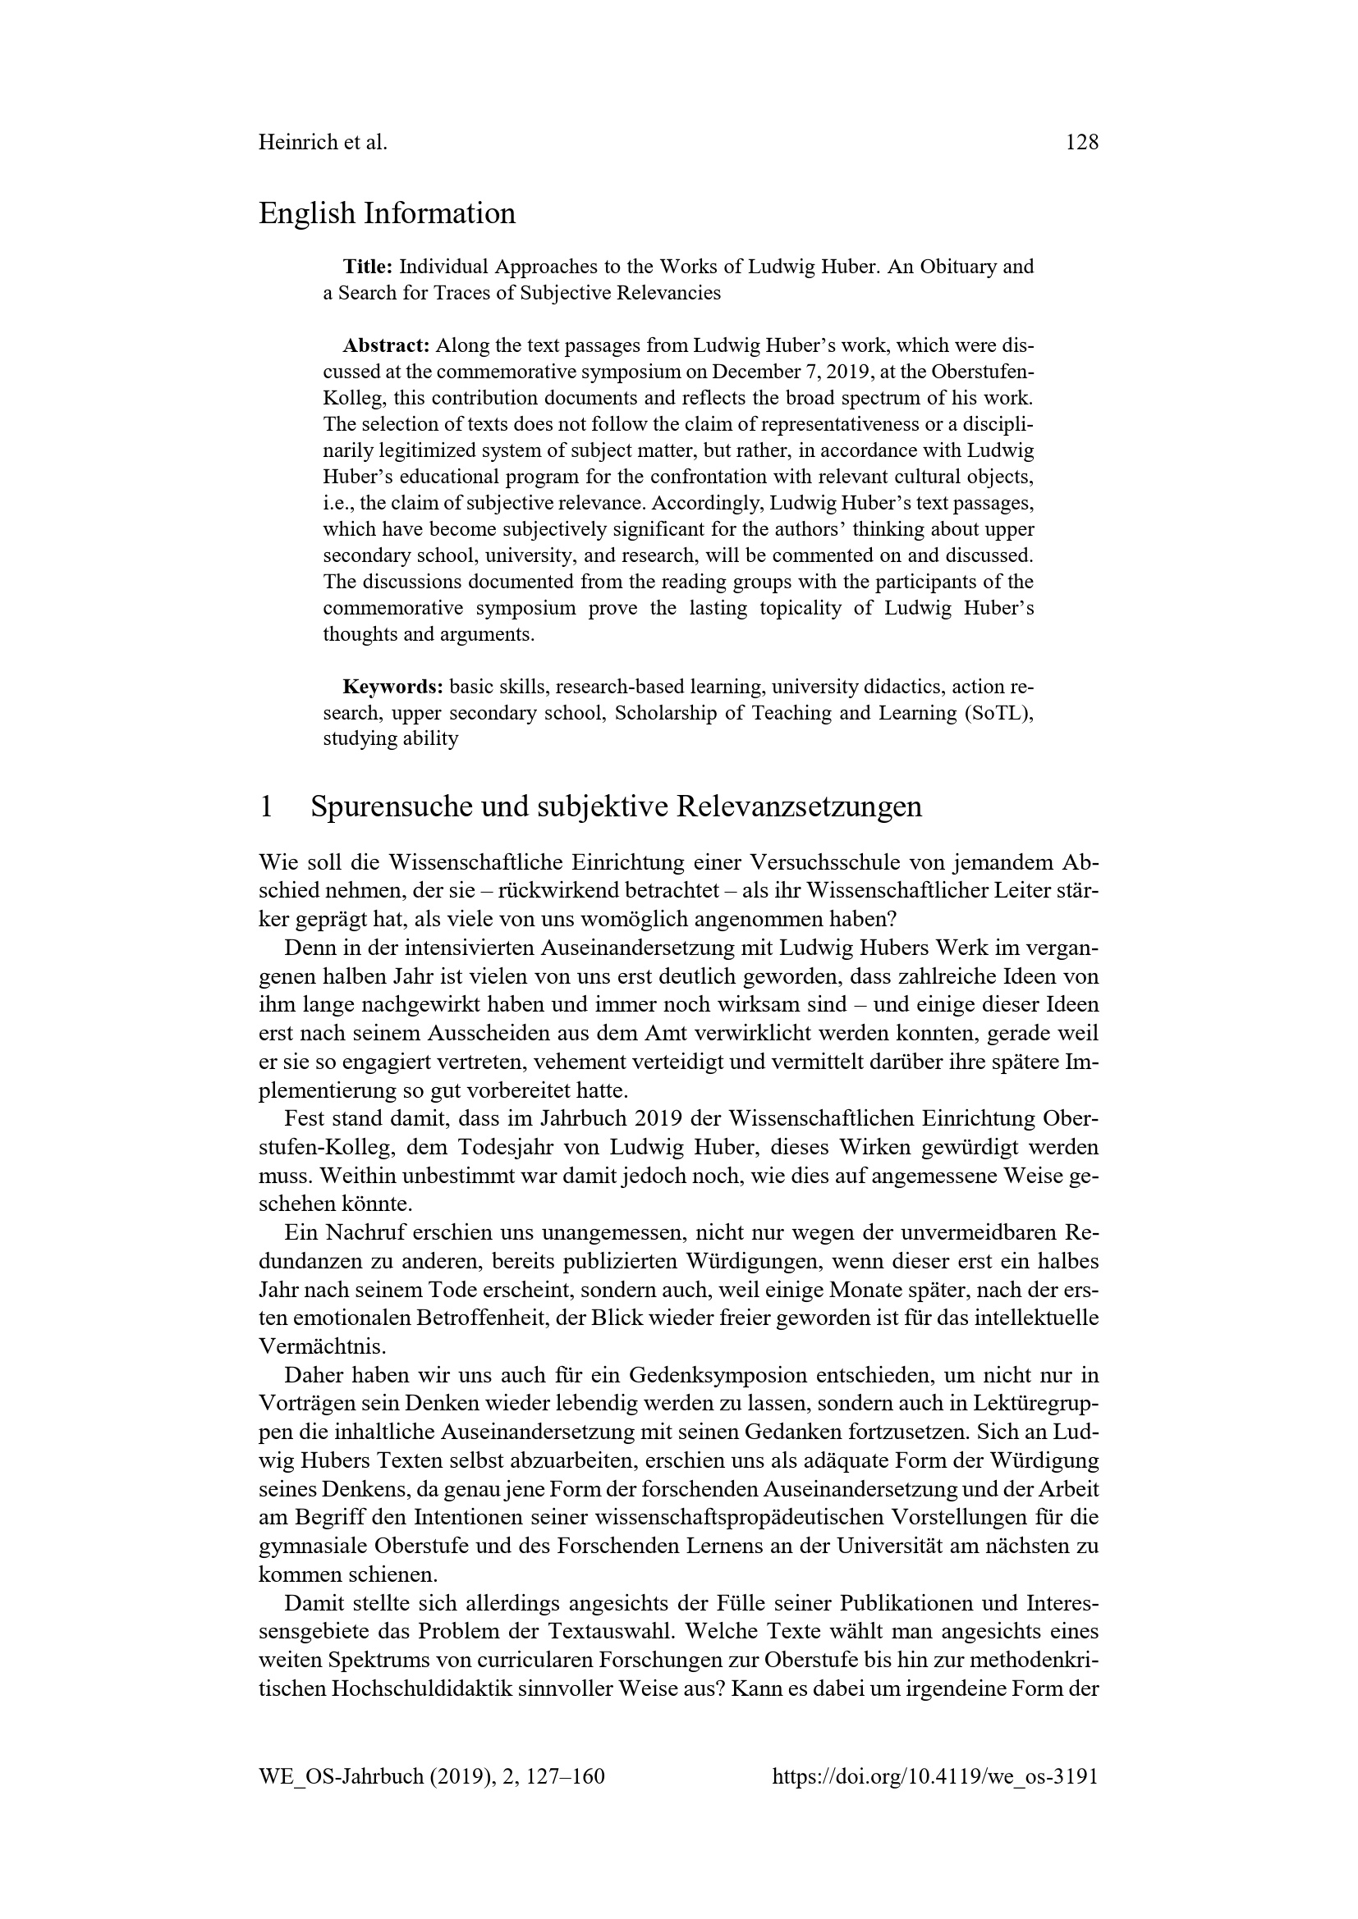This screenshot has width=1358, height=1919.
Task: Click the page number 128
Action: pyautogui.click(x=1081, y=143)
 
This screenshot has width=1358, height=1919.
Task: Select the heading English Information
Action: pyautogui.click(x=388, y=214)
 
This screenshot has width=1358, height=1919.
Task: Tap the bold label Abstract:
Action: pyautogui.click(x=386, y=346)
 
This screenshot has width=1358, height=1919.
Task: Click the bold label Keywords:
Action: pyautogui.click(x=393, y=687)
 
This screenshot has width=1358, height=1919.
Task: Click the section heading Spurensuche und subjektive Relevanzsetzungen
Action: pyautogui.click(x=617, y=806)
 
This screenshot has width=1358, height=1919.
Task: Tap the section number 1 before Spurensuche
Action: pyautogui.click(x=267, y=806)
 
